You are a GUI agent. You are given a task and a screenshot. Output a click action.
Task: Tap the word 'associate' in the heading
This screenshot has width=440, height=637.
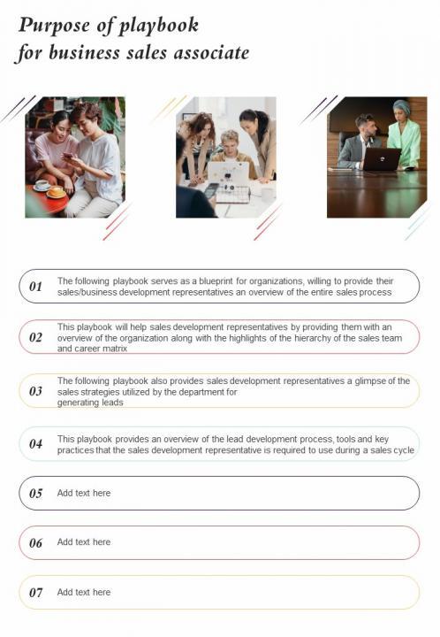click(212, 53)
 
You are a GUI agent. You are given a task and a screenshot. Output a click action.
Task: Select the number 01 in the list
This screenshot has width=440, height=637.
click(35, 287)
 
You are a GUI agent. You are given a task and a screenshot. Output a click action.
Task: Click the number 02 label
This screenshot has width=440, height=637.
click(35, 337)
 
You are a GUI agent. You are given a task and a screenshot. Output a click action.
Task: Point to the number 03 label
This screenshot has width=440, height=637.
click(35, 391)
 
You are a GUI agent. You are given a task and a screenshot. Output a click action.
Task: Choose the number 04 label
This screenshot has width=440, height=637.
click(35, 443)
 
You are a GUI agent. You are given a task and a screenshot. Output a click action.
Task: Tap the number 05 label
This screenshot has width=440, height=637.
click(35, 493)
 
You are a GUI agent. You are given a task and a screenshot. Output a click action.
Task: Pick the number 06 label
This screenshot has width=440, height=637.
click(35, 542)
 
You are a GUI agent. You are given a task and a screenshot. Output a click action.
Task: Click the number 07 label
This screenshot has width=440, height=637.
click(35, 593)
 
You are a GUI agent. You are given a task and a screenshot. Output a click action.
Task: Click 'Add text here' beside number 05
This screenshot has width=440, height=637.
click(84, 493)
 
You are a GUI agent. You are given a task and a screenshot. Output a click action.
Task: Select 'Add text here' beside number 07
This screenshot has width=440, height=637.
click(84, 592)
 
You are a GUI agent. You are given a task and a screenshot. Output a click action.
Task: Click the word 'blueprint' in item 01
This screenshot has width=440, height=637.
click(216, 281)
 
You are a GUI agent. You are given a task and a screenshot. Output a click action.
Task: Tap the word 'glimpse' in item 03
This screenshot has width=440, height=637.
click(370, 380)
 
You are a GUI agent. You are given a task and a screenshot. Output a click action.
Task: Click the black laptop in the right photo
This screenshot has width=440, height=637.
click(381, 159)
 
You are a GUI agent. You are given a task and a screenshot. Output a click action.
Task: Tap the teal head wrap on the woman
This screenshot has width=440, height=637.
click(401, 107)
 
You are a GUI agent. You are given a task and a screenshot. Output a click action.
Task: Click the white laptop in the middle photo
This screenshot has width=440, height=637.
click(228, 173)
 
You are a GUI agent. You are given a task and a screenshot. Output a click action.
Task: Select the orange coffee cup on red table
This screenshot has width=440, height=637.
click(57, 191)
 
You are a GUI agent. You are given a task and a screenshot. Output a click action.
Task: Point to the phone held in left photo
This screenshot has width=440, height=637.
click(68, 155)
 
